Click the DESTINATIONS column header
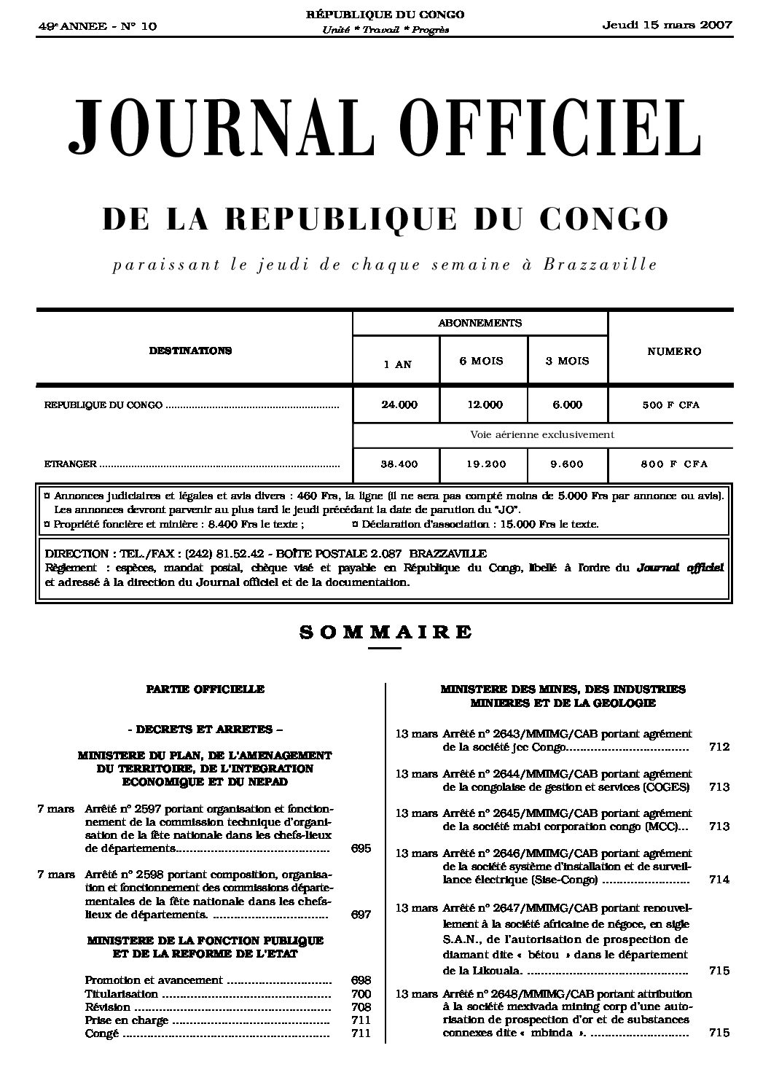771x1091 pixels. click(x=190, y=351)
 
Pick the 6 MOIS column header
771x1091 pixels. click(x=481, y=361)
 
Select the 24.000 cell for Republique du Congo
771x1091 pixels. click(x=399, y=404)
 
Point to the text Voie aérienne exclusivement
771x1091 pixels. click(x=542, y=434)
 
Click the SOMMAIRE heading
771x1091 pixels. click(x=385, y=632)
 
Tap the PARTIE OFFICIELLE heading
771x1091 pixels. click(x=205, y=689)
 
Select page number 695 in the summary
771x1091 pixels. click(x=361, y=848)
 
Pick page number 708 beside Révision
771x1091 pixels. click(x=361, y=1007)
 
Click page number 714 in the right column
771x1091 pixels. click(x=719, y=880)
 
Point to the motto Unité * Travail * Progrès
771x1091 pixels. click(x=385, y=30)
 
